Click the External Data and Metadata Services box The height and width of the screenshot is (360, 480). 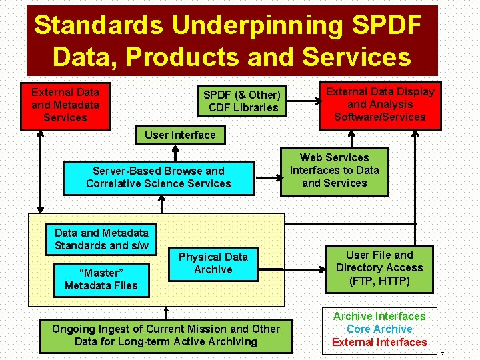pos(65,105)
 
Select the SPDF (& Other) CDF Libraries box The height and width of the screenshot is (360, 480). pos(242,101)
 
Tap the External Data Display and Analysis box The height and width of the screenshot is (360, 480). pos(379,105)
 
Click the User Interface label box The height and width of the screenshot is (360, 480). pos(180,135)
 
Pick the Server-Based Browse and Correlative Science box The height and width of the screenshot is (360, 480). pos(159,177)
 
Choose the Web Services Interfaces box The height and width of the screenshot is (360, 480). pos(334,171)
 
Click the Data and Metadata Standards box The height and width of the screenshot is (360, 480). pos(101,239)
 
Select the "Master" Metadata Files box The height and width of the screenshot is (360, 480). pos(101,279)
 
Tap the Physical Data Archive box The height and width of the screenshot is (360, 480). pos(213,263)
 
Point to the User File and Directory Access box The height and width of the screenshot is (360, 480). pos(379,268)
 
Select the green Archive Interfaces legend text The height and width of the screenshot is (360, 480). pos(379,316)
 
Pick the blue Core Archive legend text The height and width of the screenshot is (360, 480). pos(379,329)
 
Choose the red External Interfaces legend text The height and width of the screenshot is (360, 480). pos(379,342)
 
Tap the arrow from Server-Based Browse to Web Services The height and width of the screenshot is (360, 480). pos(267,178)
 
